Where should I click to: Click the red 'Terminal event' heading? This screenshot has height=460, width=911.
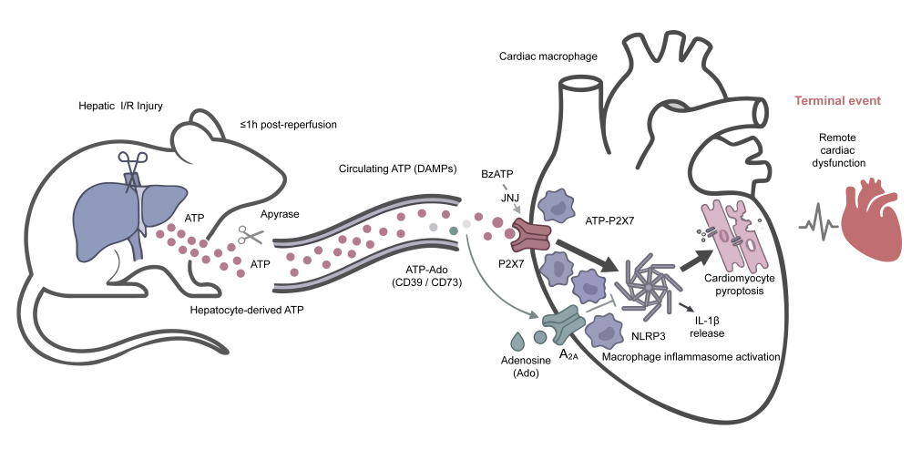coord(837,100)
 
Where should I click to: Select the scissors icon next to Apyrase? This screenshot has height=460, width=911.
coord(251,235)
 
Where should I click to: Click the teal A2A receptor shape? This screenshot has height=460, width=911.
coord(562,324)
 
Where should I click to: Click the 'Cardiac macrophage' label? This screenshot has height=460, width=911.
coord(548,56)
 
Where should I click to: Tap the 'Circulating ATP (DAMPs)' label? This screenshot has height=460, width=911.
coord(397,169)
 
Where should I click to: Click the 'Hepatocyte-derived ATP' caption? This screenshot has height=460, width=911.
coord(246,310)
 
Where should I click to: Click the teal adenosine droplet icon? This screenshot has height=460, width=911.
coord(516,340)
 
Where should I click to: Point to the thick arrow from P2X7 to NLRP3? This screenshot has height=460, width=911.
coord(587,256)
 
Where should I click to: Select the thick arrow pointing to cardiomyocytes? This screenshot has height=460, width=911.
coord(696,259)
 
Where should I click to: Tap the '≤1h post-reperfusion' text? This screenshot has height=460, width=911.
coord(288,124)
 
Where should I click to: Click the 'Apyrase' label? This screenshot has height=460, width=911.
coord(280,214)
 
